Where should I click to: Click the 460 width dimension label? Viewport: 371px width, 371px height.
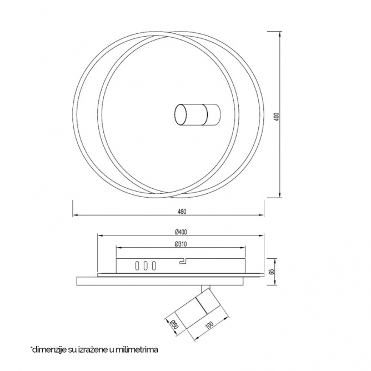click(x=182, y=211)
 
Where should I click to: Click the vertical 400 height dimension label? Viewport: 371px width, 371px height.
click(x=277, y=117)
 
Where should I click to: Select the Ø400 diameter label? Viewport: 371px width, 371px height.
click(x=181, y=232)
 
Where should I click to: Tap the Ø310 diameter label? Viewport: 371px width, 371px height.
click(x=181, y=244)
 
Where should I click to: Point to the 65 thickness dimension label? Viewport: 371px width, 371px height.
click(x=272, y=272)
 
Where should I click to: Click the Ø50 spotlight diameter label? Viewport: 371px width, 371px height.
click(x=174, y=324)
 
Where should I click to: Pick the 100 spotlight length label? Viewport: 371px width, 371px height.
click(x=209, y=325)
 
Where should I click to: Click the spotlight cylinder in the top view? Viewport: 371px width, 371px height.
click(x=198, y=114)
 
